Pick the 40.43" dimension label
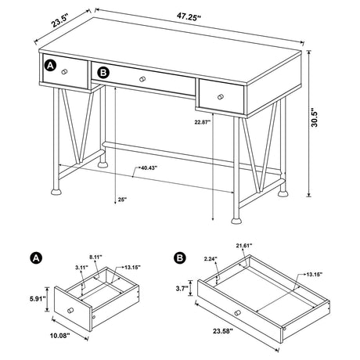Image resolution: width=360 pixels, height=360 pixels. tap(151, 167)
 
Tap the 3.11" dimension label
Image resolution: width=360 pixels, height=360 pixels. tap(81, 268)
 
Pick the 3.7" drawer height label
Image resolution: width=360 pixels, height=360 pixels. tap(182, 288)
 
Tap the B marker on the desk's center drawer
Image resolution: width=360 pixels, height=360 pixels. tap(103, 73)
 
